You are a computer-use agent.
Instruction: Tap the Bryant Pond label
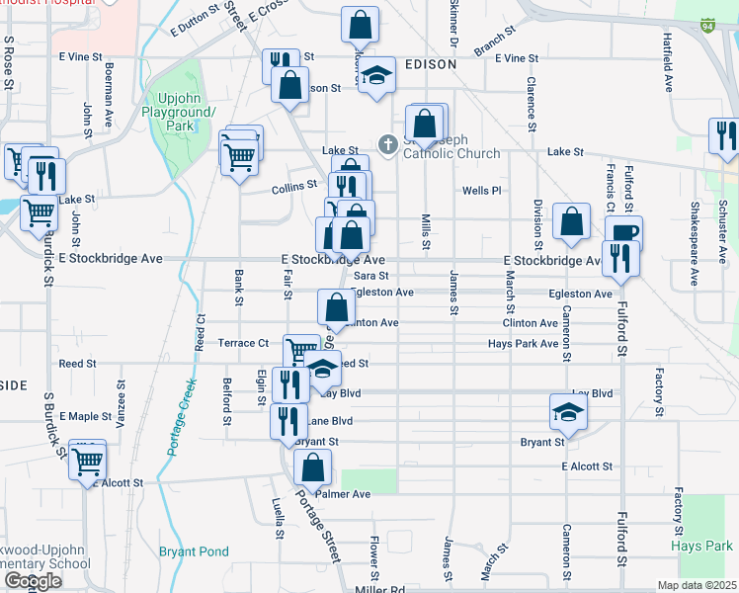click(x=194, y=551)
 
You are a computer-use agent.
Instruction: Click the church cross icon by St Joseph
click(x=388, y=145)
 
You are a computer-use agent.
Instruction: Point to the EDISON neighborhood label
click(x=430, y=63)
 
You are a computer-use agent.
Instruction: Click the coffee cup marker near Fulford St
click(x=624, y=233)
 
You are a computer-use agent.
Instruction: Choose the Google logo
click(x=33, y=581)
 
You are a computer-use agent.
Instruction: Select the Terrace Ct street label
click(x=243, y=343)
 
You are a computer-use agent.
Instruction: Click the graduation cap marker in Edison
click(x=375, y=77)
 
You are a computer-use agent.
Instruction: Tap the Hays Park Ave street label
click(x=523, y=344)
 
